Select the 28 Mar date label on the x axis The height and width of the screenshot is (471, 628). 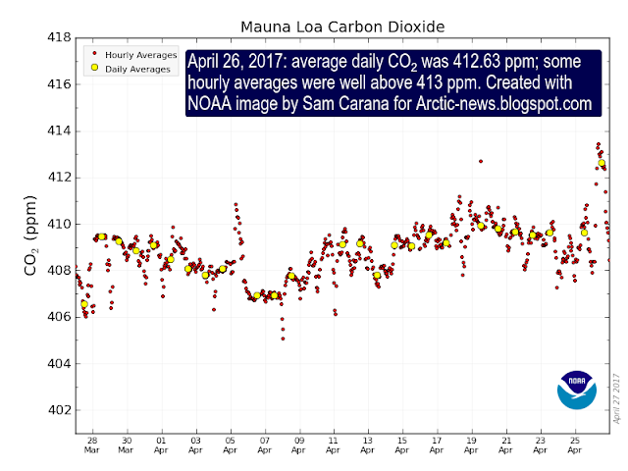click(90, 448)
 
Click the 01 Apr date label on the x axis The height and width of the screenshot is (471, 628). click(160, 448)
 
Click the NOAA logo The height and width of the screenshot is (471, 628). click(576, 391)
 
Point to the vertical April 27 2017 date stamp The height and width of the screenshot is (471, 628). click(617, 397)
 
